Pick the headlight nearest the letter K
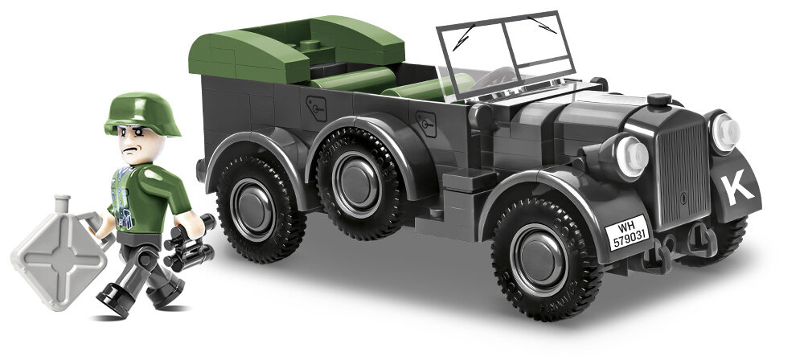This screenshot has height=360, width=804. coord(724,133)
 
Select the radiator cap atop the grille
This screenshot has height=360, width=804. coord(659,100)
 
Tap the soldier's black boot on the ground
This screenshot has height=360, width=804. coord(113,304)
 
